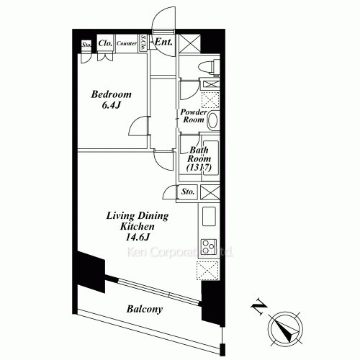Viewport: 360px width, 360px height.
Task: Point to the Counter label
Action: click(x=127, y=44)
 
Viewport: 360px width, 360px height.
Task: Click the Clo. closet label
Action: click(x=104, y=43)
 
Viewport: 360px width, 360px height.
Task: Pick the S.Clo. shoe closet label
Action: click(x=143, y=43)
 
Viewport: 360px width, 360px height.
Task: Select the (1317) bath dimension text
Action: click(x=197, y=168)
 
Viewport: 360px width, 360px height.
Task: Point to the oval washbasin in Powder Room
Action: click(x=213, y=120)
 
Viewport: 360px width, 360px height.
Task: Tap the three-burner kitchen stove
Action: click(x=209, y=247)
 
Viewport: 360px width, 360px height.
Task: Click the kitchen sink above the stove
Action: click(x=207, y=216)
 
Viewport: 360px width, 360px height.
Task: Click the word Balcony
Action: click(x=145, y=309)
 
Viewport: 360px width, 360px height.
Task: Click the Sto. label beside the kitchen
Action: click(x=189, y=192)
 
